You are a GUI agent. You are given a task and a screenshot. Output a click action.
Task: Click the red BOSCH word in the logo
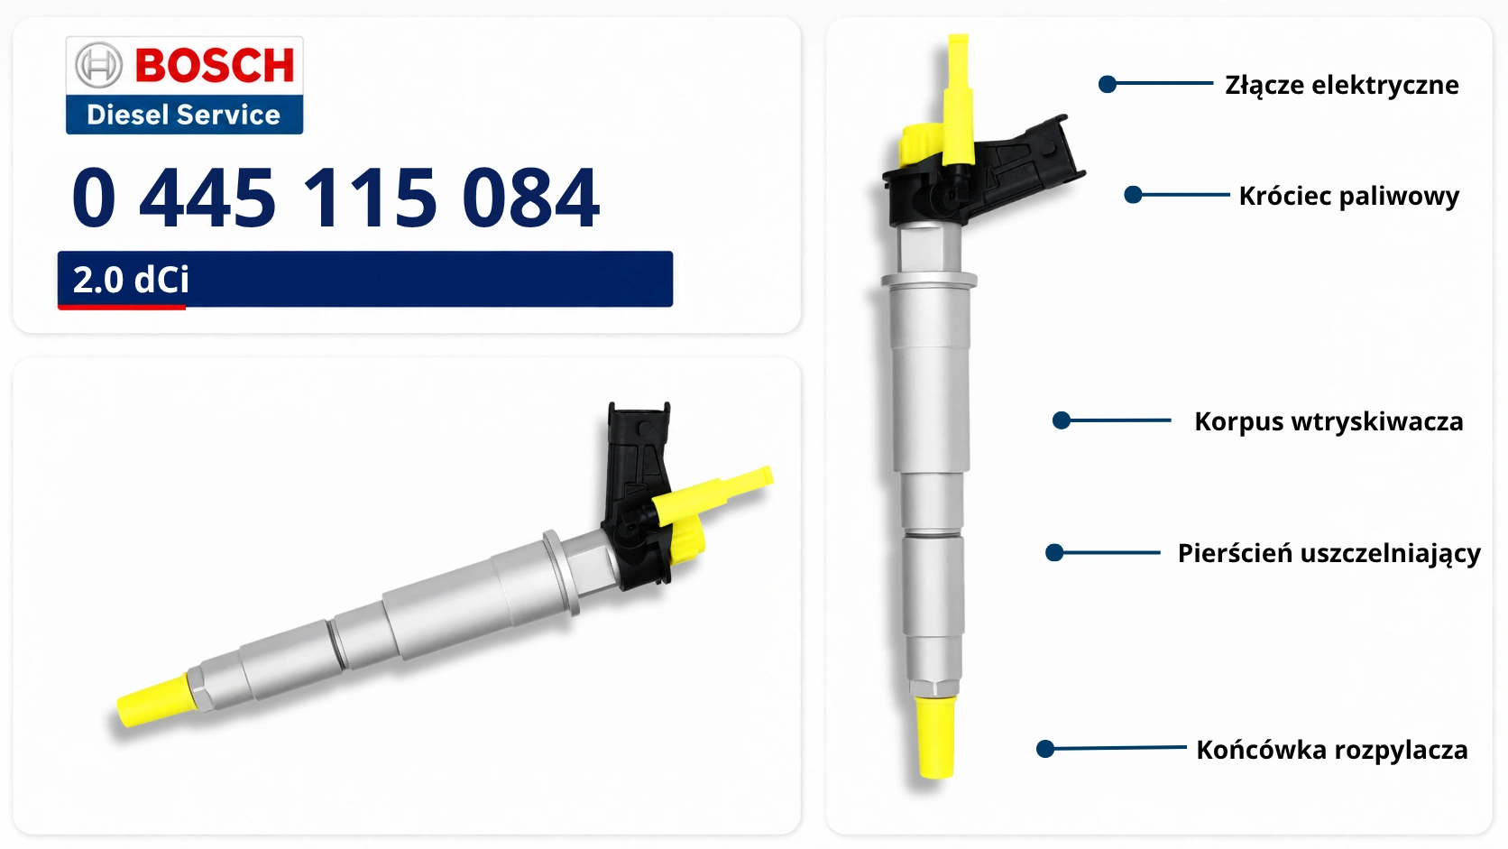tap(215, 65)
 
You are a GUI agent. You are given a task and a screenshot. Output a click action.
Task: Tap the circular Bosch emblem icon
tap(99, 65)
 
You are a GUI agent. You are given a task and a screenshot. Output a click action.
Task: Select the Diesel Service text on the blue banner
tap(183, 115)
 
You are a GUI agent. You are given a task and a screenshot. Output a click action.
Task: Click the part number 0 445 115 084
tap(336, 198)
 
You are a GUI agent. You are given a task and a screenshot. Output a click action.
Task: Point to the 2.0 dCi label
tap(131, 280)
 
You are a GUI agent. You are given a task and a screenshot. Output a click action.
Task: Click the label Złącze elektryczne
tap(1342, 86)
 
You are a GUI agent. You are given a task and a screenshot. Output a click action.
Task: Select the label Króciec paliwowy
tap(1349, 196)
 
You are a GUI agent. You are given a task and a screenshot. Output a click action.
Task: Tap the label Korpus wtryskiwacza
tap(1329, 421)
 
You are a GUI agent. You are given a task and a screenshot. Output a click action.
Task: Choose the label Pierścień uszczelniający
tap(1329, 553)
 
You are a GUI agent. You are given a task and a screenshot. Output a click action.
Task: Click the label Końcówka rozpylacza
tap(1331, 750)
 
